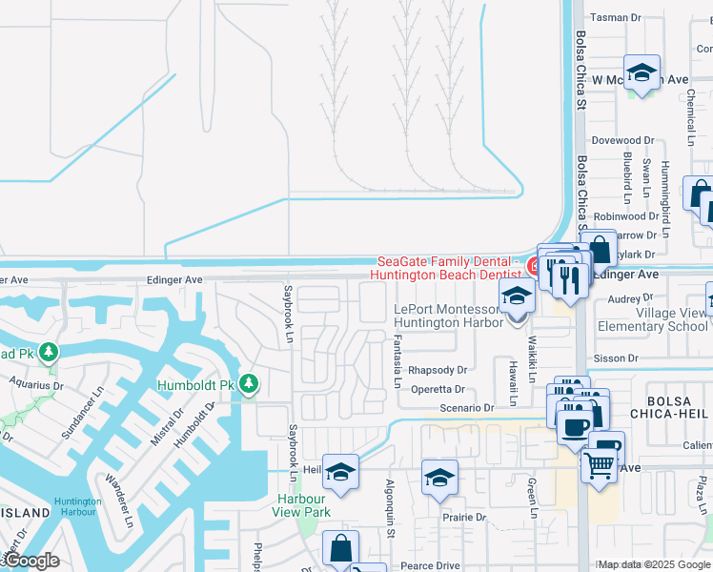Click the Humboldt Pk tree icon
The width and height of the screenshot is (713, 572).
249,383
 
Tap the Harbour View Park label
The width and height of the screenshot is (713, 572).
302,505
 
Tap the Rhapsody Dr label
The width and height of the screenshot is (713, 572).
438,370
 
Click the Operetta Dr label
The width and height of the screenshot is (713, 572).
438,389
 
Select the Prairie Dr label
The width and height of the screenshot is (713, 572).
463,518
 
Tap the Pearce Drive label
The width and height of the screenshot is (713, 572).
433,565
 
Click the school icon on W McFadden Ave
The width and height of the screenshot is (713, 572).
642,73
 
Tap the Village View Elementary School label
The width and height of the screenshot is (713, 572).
652,319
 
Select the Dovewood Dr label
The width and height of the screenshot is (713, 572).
622,140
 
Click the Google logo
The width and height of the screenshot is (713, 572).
31,562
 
